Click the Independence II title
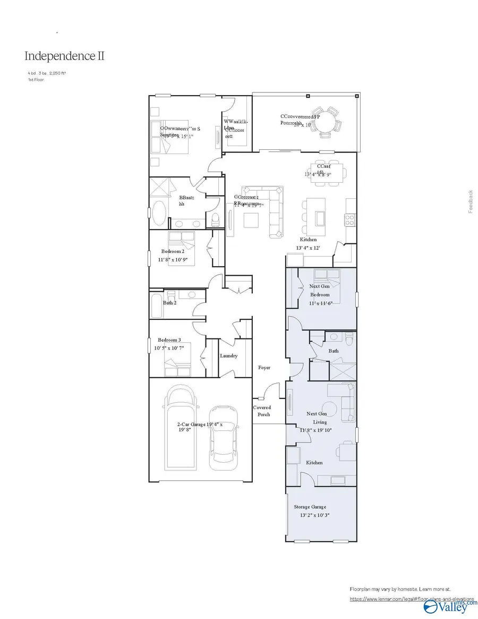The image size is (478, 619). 64,56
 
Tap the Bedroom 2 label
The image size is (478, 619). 173,251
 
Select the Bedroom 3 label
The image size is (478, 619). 169,340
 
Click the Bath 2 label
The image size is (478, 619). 169,303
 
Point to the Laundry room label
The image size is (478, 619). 228,356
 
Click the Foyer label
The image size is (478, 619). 264,368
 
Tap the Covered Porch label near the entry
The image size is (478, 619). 261,411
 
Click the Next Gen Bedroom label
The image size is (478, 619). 320,290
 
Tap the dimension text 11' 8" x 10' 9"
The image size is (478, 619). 173,260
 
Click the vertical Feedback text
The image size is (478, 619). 470,202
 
